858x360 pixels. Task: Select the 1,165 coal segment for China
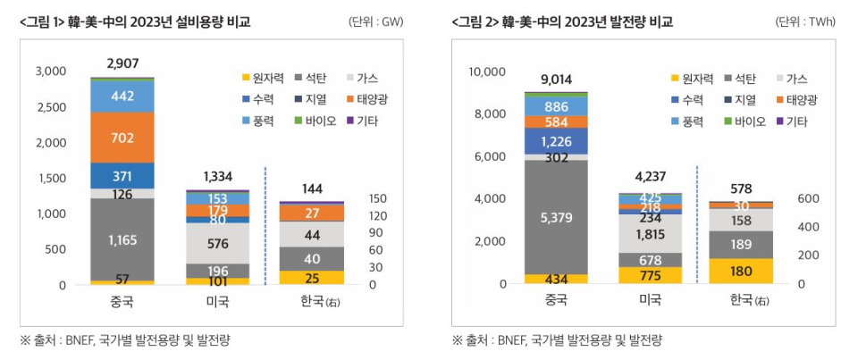tap(122, 239)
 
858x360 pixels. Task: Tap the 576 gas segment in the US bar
tap(218, 242)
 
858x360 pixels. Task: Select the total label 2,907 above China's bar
tap(122, 63)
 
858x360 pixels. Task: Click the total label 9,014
tap(556, 79)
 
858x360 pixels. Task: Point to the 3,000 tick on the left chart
tap(52, 71)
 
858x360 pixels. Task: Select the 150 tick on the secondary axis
tap(377, 198)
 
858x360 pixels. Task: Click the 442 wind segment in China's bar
tap(122, 96)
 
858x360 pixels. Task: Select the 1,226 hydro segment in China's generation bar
tap(556, 140)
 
